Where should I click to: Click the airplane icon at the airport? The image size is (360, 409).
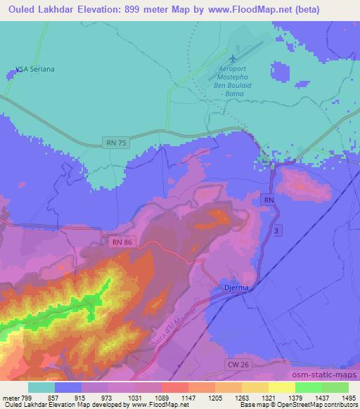(233, 57)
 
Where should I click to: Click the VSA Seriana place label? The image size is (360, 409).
(35, 70)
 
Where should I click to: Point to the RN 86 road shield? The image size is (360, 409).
(121, 242)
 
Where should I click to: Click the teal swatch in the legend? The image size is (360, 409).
(41, 388)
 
